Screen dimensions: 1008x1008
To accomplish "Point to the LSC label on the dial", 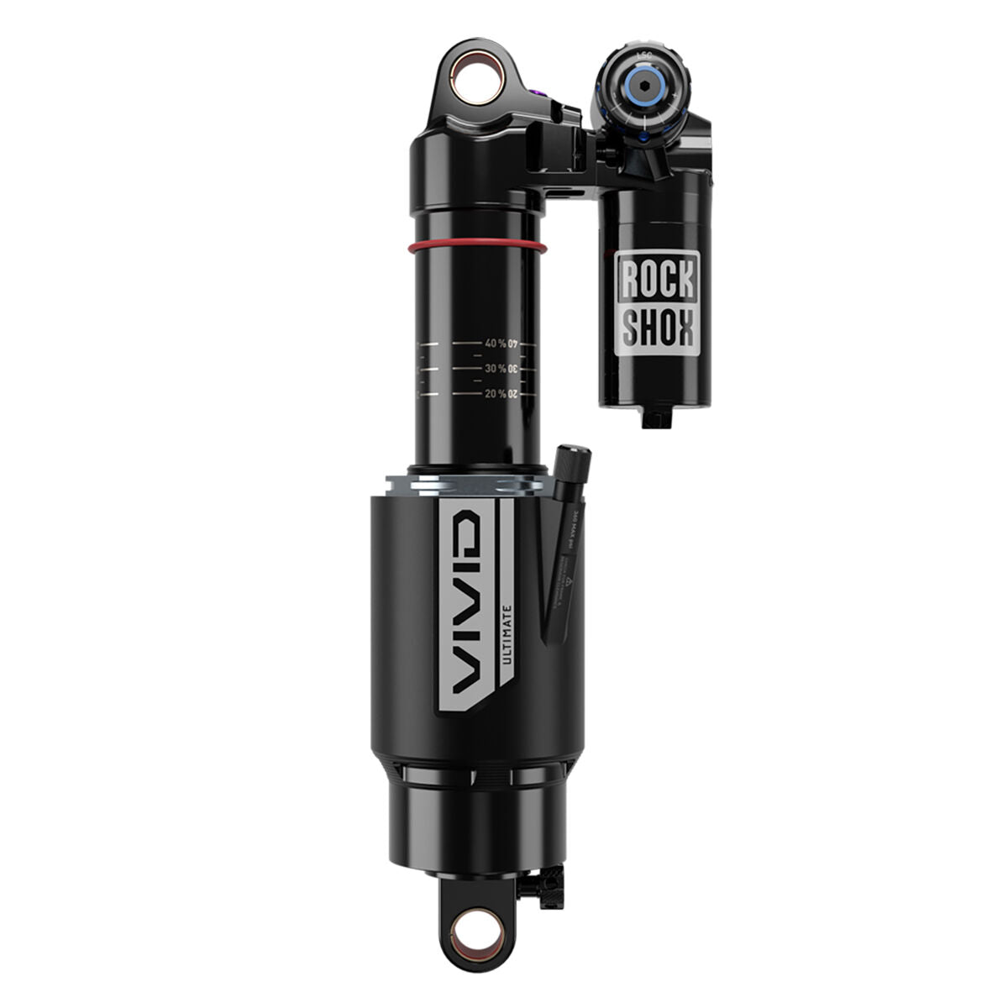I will click(644, 55).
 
